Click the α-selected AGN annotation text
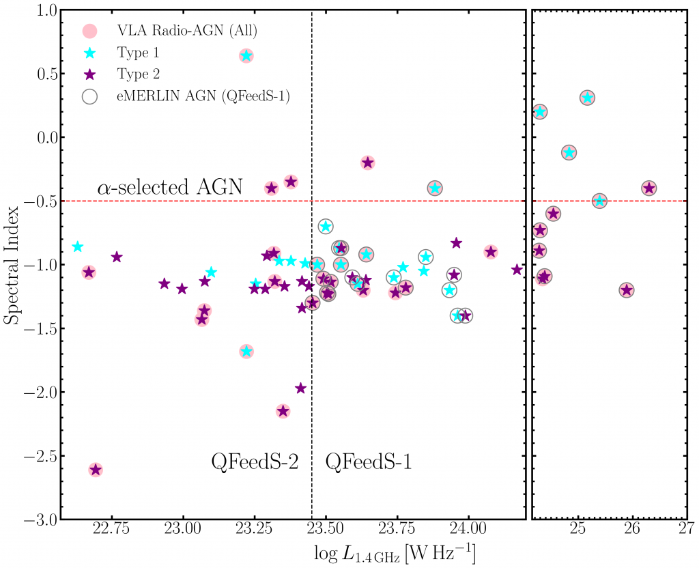coord(170,186)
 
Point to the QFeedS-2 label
coord(255,462)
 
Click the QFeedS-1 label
coord(369,462)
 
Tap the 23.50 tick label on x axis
coord(326,529)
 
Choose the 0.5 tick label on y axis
coord(48,73)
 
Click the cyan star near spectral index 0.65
coord(246,56)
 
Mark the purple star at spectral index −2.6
coord(96,470)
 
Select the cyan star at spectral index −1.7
coord(246,352)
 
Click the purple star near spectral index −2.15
coord(283,411)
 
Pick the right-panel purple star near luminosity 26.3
coord(648,188)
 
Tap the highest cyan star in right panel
coord(587,98)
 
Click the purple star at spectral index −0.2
coord(368,162)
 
